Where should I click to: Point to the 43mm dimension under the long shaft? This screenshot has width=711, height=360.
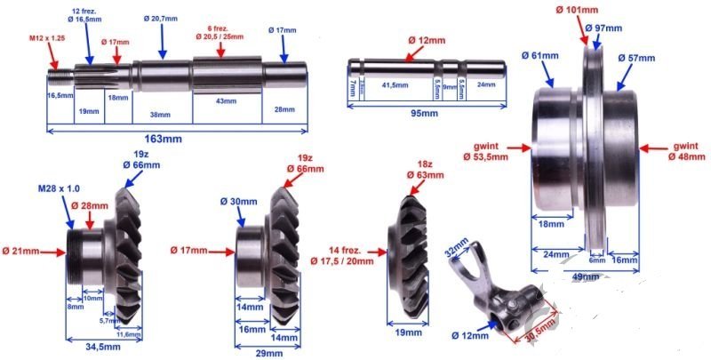(226, 101)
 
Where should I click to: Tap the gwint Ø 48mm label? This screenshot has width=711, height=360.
(687, 150)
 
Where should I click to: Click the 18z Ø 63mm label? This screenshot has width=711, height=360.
(424, 169)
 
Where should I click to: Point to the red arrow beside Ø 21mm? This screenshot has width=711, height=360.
(54, 252)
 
